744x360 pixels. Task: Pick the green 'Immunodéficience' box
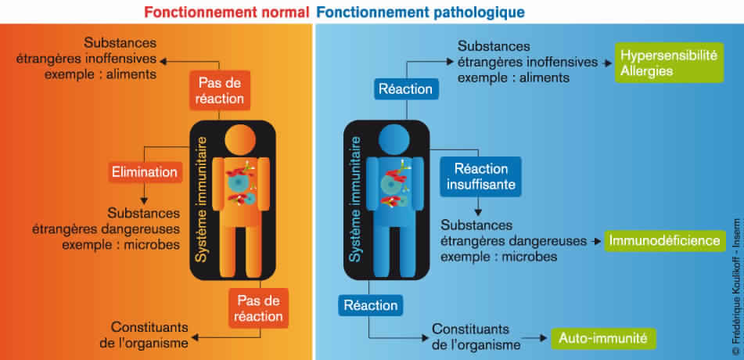click(664, 240)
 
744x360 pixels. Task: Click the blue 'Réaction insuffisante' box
click(476, 177)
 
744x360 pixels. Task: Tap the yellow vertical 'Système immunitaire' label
click(202, 199)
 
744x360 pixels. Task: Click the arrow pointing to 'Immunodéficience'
click(597, 241)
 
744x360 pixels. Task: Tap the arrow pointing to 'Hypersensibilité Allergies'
click(606, 63)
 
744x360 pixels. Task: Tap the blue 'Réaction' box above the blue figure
click(405, 88)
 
